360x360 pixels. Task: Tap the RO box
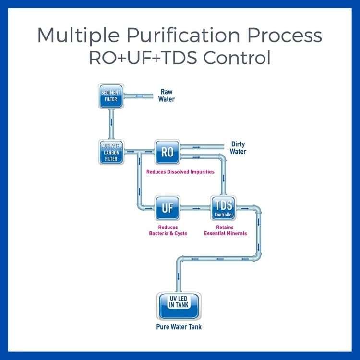click(167, 152)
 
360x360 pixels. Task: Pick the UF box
click(167, 208)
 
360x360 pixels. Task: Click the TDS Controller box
click(223, 208)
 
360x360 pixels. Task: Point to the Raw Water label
click(167, 96)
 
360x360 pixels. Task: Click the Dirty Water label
click(239, 147)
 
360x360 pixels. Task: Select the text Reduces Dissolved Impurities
click(180, 171)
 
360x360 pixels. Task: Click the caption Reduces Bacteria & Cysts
click(168, 230)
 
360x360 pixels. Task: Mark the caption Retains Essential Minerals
click(225, 230)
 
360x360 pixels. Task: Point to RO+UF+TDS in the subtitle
click(144, 59)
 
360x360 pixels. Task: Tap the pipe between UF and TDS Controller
click(195, 208)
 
